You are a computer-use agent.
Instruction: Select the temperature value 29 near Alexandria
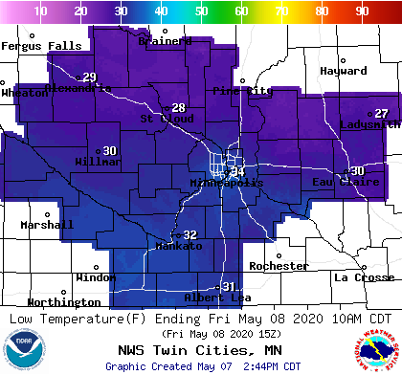pos(90,77)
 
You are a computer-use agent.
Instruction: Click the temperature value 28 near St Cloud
pos(178,107)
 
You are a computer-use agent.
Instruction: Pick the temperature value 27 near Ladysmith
pos(381,113)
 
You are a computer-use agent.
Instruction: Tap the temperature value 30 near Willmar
pos(110,150)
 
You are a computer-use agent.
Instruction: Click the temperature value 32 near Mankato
pos(190,234)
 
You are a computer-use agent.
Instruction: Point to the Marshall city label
pos(46,225)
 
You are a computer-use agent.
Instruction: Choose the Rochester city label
pos(279,266)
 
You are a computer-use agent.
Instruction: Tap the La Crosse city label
pos(363,277)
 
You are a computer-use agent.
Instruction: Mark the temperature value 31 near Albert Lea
pos(229,287)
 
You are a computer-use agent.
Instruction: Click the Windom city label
pos(96,277)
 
